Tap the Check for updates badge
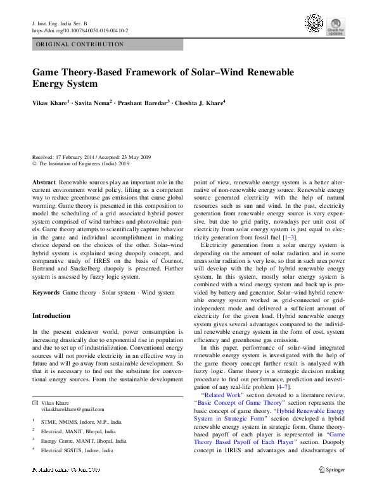335,26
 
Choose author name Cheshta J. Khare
201,103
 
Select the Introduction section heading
51,315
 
